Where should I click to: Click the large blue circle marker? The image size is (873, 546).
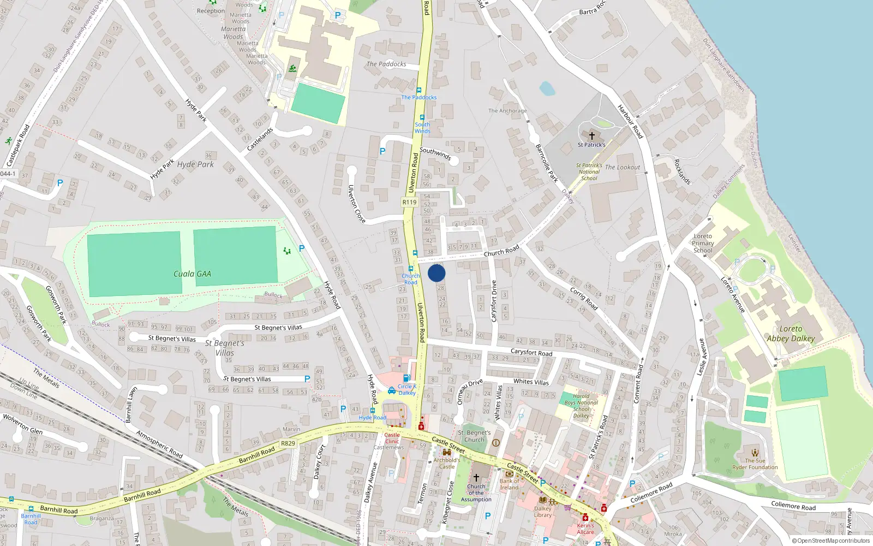coord(436,273)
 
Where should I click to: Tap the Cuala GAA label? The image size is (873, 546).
coord(192,274)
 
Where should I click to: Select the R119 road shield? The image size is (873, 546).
coord(410,202)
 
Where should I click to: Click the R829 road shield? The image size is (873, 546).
coord(288,443)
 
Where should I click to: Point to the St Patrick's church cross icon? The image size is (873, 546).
coord(591,135)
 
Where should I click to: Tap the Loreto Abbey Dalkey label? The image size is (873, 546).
coord(791,334)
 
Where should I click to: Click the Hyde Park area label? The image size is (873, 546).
coord(195,164)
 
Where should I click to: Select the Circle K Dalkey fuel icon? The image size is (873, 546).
coord(406,378)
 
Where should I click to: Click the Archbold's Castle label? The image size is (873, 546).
coord(447,463)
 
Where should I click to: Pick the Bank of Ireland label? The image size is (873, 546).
coord(509,484)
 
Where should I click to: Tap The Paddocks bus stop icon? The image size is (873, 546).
coord(419,90)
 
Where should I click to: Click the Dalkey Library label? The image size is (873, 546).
coord(543,512)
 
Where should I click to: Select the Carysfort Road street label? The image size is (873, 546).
coord(531,353)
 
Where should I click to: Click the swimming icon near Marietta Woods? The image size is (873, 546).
coord(293,69)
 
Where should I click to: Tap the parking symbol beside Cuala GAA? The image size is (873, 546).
coord(302,249)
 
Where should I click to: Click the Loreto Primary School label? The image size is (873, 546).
coord(703,244)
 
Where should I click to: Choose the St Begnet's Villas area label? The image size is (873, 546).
coord(225,348)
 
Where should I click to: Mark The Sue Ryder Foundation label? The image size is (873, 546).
coord(755,464)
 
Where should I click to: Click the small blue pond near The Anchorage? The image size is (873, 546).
coord(547,88)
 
